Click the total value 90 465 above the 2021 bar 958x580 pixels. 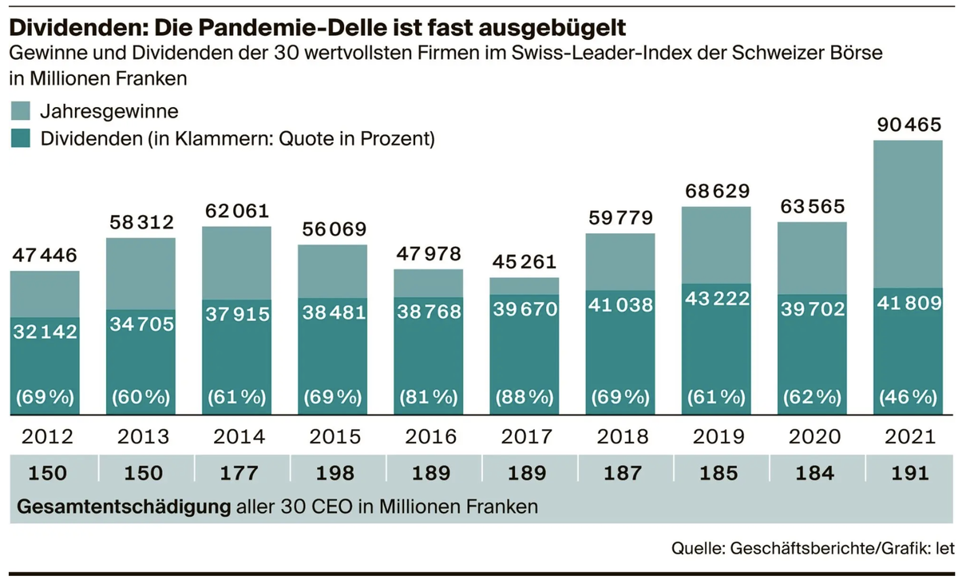click(x=909, y=125)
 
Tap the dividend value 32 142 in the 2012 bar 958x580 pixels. click(x=45, y=332)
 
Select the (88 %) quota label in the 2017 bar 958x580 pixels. click(x=525, y=398)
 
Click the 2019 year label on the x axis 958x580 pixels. click(x=718, y=437)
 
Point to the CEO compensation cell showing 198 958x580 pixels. click(x=335, y=473)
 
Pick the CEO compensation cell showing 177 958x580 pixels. click(x=239, y=473)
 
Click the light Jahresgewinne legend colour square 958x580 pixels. click(x=21, y=111)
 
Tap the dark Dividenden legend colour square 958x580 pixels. click(x=21, y=138)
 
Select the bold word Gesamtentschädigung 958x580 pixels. click(x=124, y=507)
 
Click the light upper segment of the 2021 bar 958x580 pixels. click(x=908, y=214)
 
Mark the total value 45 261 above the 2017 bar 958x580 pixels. click(x=525, y=261)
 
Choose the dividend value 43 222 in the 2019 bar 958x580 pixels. click(x=717, y=298)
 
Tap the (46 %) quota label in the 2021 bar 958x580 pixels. click(x=908, y=398)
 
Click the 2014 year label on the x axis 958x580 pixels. click(x=239, y=437)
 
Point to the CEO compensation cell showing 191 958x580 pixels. click(x=910, y=473)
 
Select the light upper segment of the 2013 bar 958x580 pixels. click(x=141, y=274)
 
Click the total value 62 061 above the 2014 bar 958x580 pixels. click(x=237, y=211)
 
